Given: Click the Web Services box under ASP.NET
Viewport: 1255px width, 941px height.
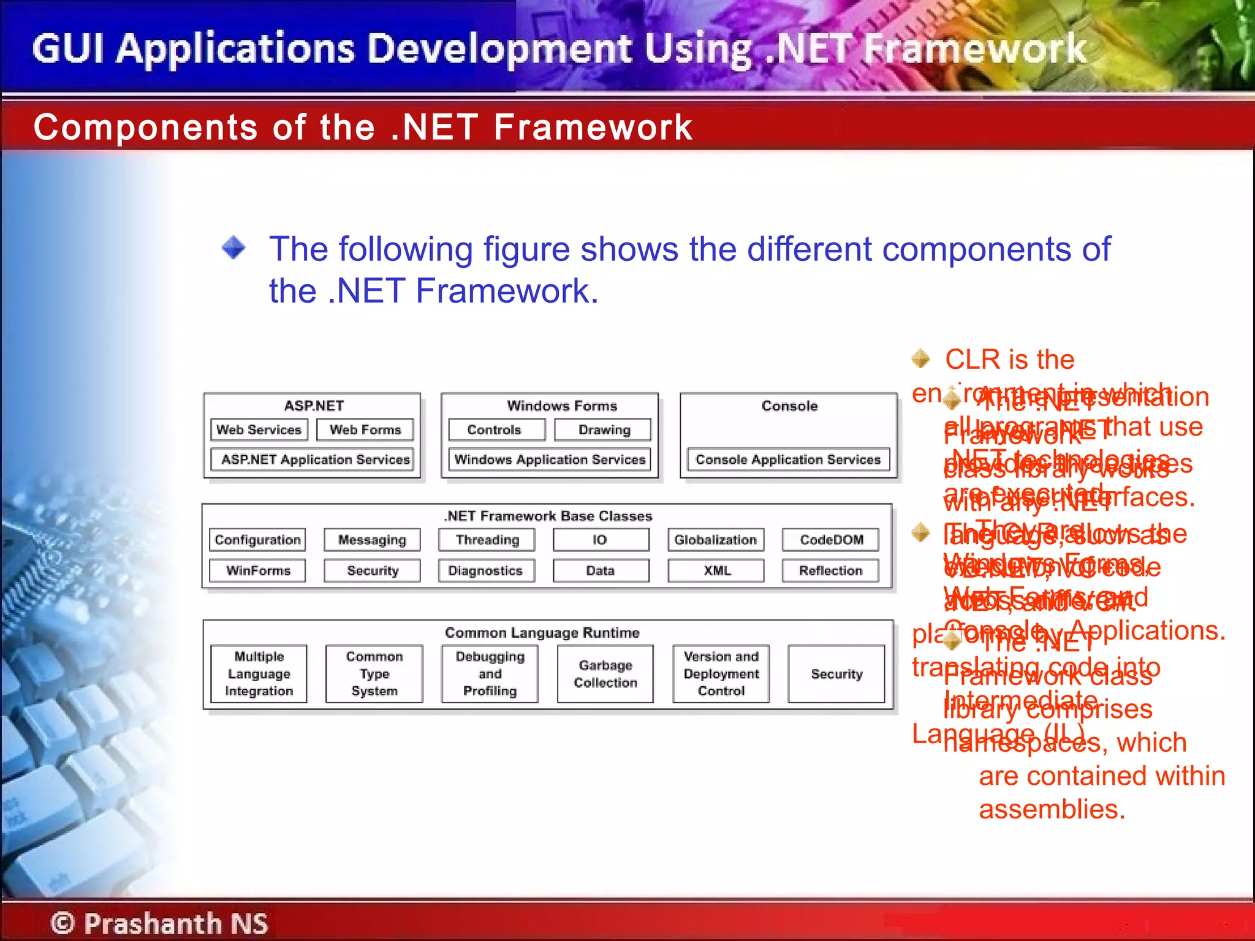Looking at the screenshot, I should tap(259, 429).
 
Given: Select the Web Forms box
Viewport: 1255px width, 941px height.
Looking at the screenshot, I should tap(365, 429).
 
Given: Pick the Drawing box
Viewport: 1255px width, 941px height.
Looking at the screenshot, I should tap(603, 429).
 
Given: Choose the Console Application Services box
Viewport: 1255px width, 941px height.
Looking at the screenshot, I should tap(788, 459).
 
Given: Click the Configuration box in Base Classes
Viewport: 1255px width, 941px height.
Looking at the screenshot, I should tap(257, 540).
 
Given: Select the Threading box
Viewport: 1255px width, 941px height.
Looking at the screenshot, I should tap(487, 540).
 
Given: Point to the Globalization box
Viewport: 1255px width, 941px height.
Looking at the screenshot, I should tap(716, 540).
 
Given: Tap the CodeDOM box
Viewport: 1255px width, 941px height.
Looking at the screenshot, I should tap(831, 540).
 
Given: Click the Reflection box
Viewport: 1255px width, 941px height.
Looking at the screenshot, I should tap(831, 570).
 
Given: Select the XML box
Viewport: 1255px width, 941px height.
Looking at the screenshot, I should tap(716, 570).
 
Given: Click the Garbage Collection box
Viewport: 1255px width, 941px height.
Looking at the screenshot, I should tap(605, 673).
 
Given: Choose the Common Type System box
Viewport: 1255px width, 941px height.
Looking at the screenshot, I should tap(374, 673).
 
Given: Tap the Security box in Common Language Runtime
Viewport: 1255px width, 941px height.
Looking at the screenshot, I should tap(836, 673).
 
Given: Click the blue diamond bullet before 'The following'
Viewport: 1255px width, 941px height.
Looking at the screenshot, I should tap(233, 248).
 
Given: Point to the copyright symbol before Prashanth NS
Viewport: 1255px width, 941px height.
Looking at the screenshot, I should tap(62, 923).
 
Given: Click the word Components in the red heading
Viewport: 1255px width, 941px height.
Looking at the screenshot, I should tap(145, 127).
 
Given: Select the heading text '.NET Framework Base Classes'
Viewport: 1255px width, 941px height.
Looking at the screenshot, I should tap(548, 516).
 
